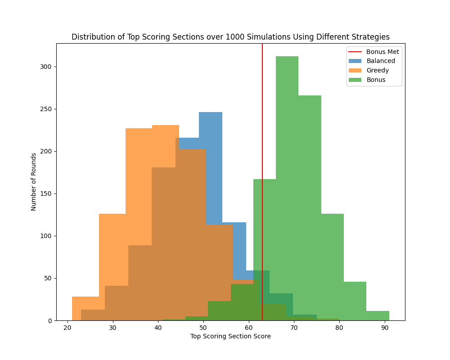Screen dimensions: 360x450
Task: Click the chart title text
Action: (x=230, y=37)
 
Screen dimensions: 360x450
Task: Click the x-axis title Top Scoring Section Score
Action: (x=230, y=336)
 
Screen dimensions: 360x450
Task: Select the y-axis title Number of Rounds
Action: (x=34, y=182)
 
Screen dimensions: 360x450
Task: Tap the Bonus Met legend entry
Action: (x=382, y=52)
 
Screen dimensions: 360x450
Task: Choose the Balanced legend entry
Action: (x=380, y=61)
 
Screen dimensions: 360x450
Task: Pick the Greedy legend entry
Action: (x=377, y=71)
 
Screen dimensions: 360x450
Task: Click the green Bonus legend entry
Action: (x=376, y=80)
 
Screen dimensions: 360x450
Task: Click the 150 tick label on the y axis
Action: (x=47, y=193)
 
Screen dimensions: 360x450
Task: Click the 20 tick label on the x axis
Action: (x=67, y=327)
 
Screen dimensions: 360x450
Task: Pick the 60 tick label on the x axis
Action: (x=248, y=327)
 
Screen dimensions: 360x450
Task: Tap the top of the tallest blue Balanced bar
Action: (x=211, y=113)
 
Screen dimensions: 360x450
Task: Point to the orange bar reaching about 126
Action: (x=112, y=247)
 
